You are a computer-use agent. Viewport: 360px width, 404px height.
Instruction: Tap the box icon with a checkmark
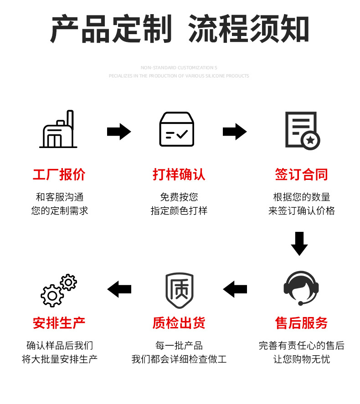tap(176, 129)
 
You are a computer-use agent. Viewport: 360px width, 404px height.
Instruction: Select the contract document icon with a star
tap(301, 130)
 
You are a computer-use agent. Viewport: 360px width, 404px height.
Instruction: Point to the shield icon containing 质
tap(179, 290)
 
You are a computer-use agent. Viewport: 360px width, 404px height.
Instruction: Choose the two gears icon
tap(59, 290)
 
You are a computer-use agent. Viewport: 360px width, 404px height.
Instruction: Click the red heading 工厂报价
tap(59, 174)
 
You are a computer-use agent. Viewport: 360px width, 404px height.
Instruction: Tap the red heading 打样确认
tap(179, 174)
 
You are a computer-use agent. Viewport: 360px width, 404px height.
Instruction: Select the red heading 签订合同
tap(301, 174)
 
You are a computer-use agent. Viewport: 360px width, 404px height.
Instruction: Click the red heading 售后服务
tap(301, 323)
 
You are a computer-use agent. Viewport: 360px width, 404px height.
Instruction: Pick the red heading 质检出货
tap(179, 323)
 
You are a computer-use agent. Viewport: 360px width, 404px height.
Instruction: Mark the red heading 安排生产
tap(59, 323)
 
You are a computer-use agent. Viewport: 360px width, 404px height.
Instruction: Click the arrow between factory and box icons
tap(119, 132)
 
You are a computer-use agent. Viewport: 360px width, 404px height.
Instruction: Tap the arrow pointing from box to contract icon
tap(235, 132)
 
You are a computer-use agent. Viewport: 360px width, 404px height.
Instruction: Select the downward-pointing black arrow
tap(299, 244)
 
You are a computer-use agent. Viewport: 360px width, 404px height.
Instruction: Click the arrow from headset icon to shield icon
tap(235, 289)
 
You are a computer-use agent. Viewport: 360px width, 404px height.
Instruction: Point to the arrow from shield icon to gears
tap(119, 289)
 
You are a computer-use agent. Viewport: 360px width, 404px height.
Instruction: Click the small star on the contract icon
tap(310, 140)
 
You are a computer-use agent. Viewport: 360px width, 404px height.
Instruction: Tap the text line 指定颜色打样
tap(179, 211)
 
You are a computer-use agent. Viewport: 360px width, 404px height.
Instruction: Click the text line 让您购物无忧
tap(301, 359)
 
